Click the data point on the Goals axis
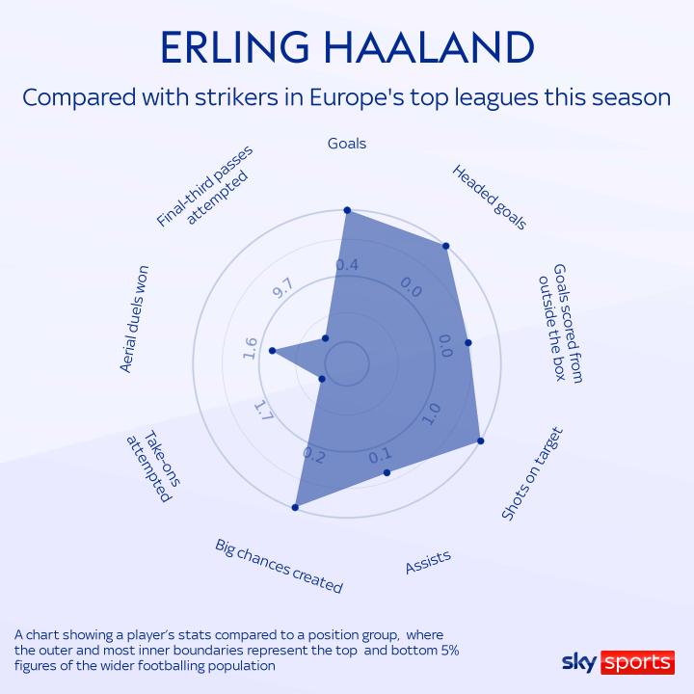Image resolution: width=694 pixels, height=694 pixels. (x=347, y=210)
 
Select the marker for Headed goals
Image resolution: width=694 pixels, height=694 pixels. (x=445, y=246)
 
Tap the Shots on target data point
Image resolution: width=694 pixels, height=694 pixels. (x=481, y=440)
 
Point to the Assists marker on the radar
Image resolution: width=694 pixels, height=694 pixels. (x=387, y=472)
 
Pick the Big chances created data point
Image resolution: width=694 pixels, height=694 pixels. (x=295, y=508)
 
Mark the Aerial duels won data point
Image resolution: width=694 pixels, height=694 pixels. (x=273, y=351)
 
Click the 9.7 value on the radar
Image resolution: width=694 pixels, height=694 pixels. (x=282, y=288)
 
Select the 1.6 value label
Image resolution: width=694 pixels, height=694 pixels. (x=250, y=348)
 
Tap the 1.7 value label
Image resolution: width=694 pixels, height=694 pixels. (x=264, y=411)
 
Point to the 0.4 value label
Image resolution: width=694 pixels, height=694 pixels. (x=347, y=265)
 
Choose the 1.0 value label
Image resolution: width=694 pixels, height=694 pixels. (x=432, y=414)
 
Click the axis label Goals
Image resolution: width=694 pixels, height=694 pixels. (x=347, y=144)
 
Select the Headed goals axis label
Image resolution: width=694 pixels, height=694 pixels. (x=489, y=197)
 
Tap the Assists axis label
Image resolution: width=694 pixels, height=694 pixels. (x=428, y=562)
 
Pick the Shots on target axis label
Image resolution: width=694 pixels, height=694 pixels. (x=532, y=473)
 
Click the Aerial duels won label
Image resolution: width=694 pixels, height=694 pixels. (x=135, y=319)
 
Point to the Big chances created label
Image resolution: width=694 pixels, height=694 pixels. (x=279, y=566)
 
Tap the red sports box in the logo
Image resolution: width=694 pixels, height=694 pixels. (x=637, y=662)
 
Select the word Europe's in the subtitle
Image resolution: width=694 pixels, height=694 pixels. (x=357, y=97)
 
